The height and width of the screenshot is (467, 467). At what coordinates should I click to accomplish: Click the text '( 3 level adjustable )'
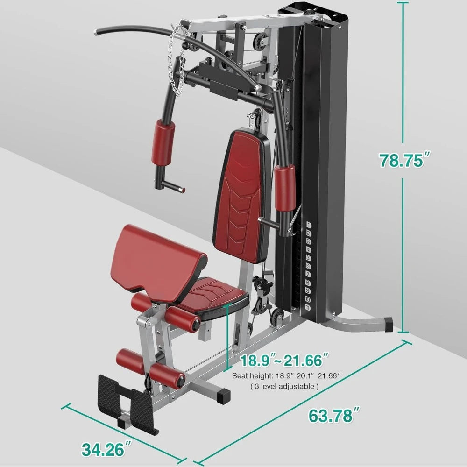(x=285, y=386)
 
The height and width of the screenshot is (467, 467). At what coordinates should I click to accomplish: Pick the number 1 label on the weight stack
(x=308, y=225)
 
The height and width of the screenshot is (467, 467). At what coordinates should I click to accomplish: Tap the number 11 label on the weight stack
(x=308, y=307)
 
